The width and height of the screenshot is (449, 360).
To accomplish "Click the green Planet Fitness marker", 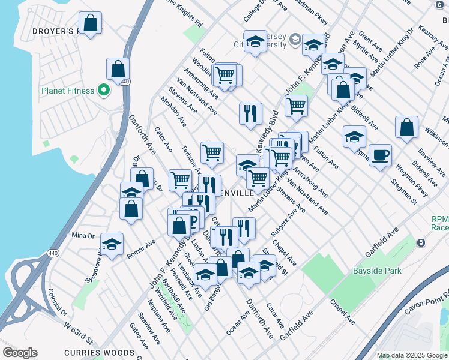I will pos(104,91).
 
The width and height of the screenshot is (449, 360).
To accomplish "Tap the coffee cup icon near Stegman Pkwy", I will pos(380,156).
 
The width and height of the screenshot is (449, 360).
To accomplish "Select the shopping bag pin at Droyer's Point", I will pos(90,23).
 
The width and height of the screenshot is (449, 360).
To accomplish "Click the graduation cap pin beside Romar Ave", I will pos(112,245).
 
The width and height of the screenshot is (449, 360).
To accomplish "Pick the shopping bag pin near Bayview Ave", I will pos(406,128).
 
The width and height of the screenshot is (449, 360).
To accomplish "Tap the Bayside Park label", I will pos(377,271).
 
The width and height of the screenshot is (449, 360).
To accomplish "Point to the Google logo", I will pos(20,353).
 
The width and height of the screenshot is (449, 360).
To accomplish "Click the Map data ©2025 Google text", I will pos(411,355).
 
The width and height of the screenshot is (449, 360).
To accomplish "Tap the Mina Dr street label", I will pos(83,235).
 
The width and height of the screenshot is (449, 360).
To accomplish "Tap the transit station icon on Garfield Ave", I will pos(421,243).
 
